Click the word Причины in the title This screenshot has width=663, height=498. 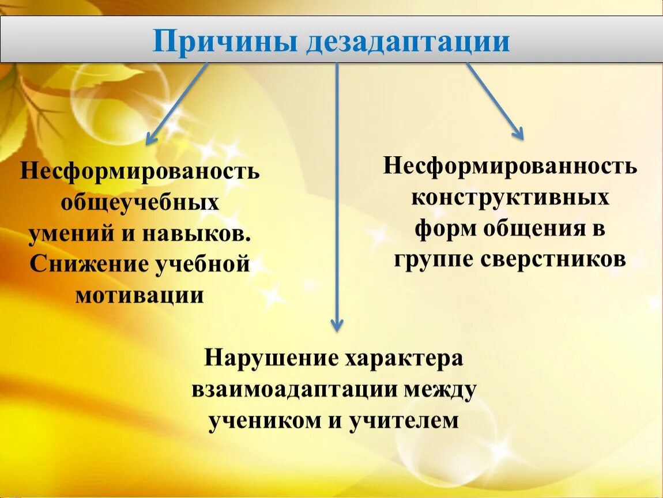pyautogui.click(x=225, y=41)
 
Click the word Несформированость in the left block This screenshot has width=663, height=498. pyautogui.click(x=140, y=172)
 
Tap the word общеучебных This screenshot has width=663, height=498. pyautogui.click(x=140, y=203)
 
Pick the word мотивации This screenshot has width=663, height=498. pyautogui.click(x=140, y=296)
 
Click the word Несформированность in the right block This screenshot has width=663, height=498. pyautogui.click(x=510, y=166)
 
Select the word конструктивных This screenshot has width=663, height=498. pyautogui.click(x=510, y=197)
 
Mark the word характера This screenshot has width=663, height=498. pyautogui.click(x=404, y=359)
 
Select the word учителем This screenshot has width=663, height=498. pyautogui.click(x=404, y=421)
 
